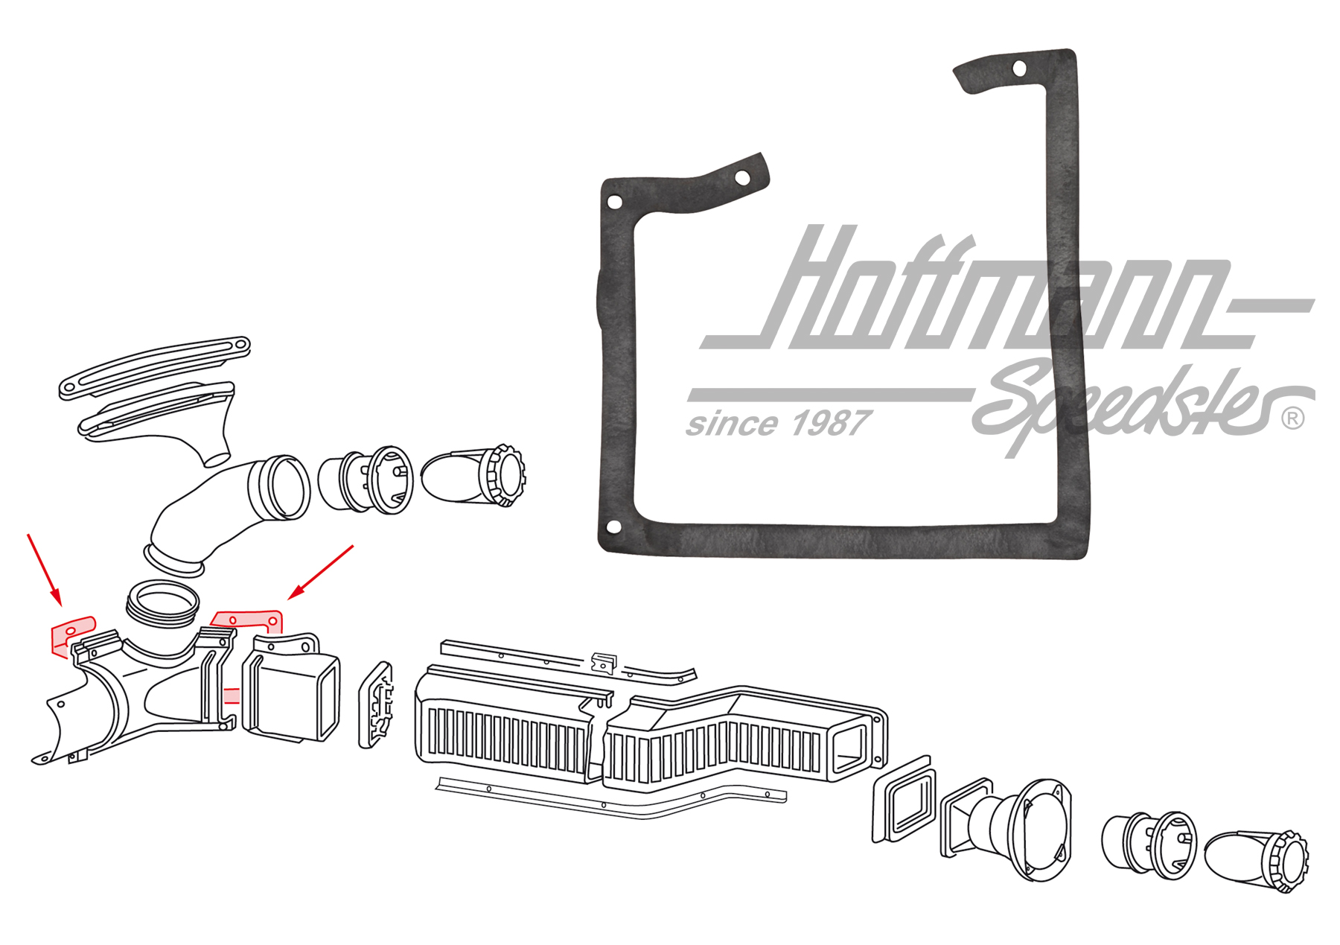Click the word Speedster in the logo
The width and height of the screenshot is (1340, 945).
[x=1139, y=406]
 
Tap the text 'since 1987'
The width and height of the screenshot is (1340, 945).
[x=777, y=424]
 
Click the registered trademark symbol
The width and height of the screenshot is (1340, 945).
[x=1293, y=419]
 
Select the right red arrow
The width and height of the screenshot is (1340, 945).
[x=321, y=572]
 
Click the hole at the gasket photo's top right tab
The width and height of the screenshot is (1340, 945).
[x=1020, y=69]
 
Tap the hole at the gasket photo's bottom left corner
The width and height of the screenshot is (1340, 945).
[x=614, y=527]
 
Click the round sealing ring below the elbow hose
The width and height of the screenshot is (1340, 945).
[x=163, y=603]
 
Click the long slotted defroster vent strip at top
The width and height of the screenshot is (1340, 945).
[x=155, y=367]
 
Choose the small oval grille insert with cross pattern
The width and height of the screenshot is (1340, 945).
[x=377, y=704]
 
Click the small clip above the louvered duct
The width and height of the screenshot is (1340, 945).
[x=604, y=662]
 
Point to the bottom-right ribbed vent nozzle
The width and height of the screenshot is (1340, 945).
[x=1257, y=862]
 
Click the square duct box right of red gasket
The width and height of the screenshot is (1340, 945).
[x=292, y=687]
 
